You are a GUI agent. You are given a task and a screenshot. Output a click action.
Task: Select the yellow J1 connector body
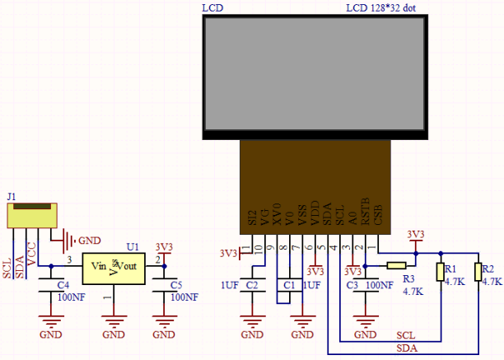point(32,215)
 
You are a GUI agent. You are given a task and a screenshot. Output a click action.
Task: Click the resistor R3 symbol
point(397,265)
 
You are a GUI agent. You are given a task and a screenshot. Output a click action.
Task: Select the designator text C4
point(63,284)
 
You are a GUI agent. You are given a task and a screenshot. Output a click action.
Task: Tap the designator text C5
point(176,284)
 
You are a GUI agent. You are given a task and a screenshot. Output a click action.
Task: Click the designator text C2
point(252,285)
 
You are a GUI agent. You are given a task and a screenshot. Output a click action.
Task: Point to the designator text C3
point(352,285)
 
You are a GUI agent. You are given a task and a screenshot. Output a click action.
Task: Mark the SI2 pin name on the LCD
point(252,217)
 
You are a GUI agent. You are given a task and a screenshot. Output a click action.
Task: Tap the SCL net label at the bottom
point(405,336)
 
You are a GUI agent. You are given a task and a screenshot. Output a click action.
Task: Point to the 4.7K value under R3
point(413,292)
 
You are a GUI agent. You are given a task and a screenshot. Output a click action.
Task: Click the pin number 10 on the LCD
point(257,248)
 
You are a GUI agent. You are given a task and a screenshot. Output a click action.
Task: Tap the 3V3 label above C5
point(164,247)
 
